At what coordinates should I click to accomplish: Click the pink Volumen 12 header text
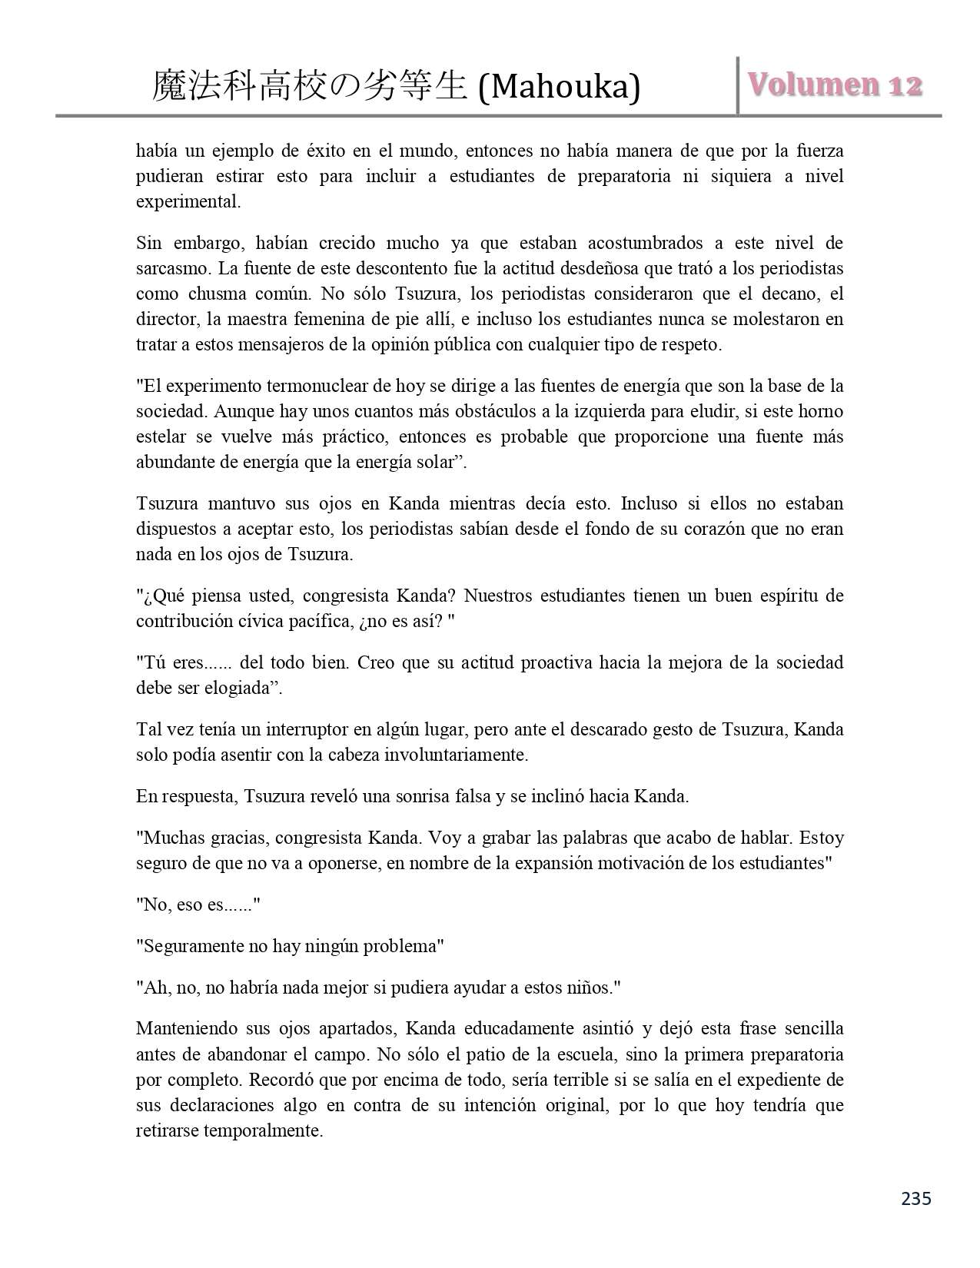[835, 85]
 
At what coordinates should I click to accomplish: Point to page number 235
[916, 1198]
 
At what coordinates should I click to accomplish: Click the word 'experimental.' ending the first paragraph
[188, 202]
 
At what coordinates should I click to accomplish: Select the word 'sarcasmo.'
[174, 269]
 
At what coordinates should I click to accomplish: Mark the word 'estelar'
[161, 437]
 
